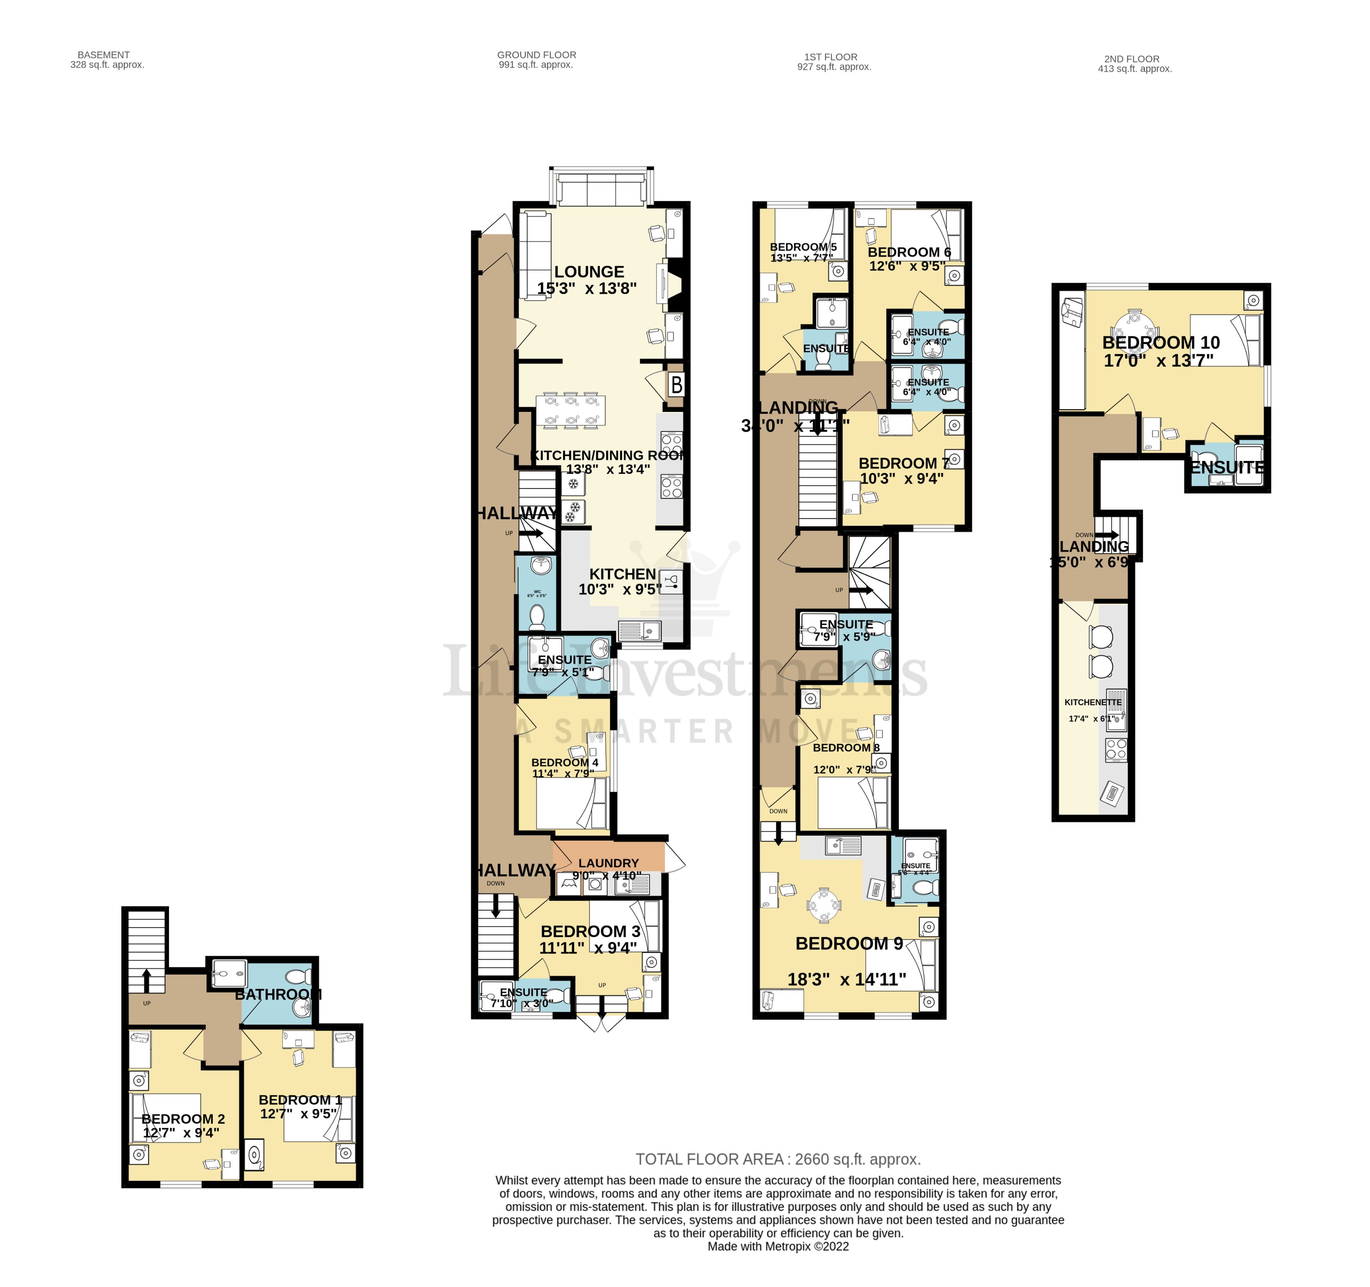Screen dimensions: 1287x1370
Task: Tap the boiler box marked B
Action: point(676,385)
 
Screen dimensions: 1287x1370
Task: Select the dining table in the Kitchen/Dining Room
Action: point(571,411)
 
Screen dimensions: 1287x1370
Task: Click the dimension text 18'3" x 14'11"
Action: point(846,979)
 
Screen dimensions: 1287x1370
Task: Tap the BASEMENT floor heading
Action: point(103,54)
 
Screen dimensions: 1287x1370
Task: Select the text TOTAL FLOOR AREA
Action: point(709,1159)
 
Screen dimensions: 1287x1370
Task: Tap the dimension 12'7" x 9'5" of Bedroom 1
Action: point(298,1113)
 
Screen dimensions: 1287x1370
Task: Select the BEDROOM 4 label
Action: point(564,762)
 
